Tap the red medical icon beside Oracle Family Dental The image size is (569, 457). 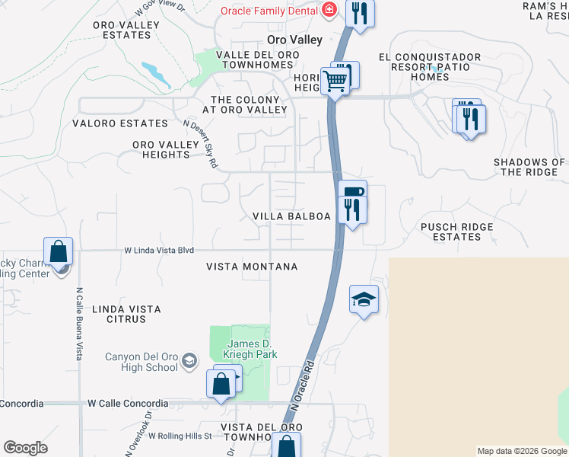pos(329,10)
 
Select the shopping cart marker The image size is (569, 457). pos(335,80)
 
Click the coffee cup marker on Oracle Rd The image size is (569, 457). pos(352,191)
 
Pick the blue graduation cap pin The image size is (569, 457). pos(364,299)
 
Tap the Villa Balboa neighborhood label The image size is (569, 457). pos(291,216)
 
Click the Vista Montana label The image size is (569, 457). pos(252,267)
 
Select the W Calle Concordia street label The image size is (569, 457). pos(128,403)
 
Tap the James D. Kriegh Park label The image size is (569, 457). pos(250,349)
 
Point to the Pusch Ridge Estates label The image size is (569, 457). pos(456,232)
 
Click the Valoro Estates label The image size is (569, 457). pos(119,123)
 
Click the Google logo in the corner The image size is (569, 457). pos(25,448)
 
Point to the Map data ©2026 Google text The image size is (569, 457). pos(522,451)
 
